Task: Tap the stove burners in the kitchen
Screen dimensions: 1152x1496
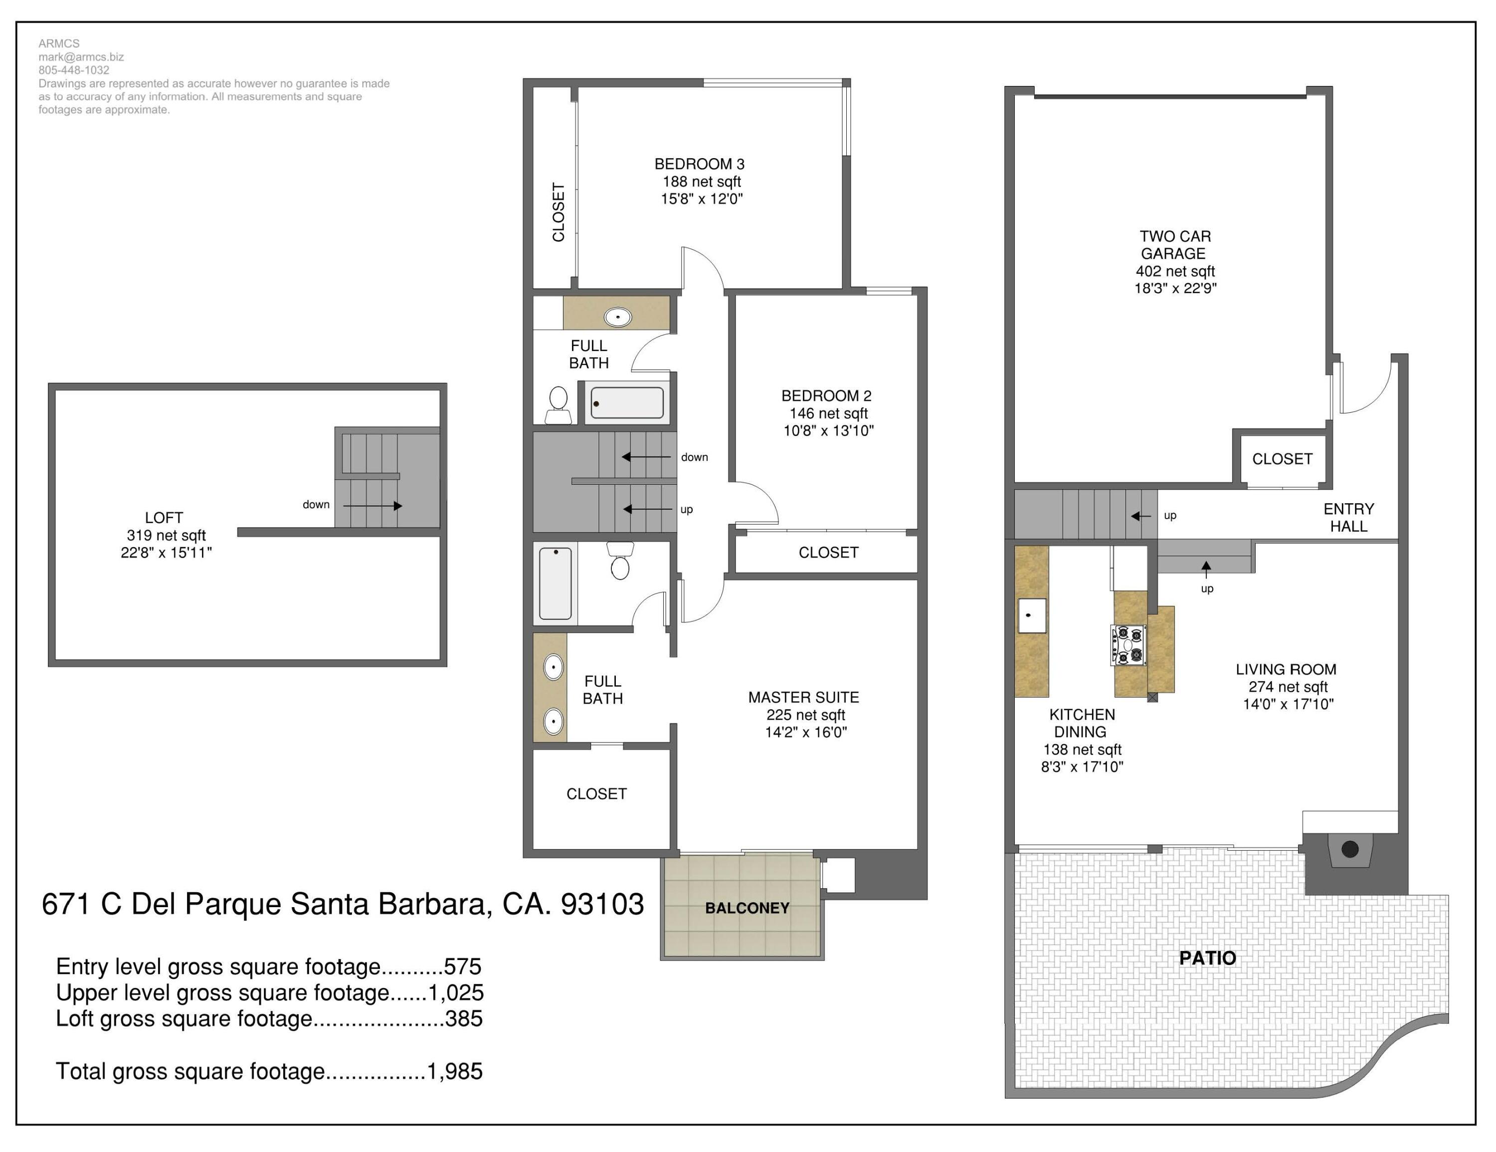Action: coord(1127,645)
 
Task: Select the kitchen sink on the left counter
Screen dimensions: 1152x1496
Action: coord(1031,615)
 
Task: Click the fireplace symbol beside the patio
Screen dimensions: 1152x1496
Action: coord(1349,850)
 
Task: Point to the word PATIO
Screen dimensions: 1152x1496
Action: coord(1207,958)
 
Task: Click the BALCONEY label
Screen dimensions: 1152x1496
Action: coord(747,908)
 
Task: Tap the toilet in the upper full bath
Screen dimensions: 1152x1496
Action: coord(559,404)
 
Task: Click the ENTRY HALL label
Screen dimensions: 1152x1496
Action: coord(1348,518)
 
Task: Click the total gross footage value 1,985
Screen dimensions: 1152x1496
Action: coord(454,1071)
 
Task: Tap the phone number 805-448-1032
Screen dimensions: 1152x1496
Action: coord(73,70)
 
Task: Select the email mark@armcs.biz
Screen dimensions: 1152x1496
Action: coord(81,57)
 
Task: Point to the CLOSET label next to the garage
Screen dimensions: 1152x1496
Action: coord(1282,459)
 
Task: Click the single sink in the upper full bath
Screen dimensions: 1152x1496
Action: coord(618,317)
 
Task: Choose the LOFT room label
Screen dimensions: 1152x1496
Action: coord(164,518)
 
